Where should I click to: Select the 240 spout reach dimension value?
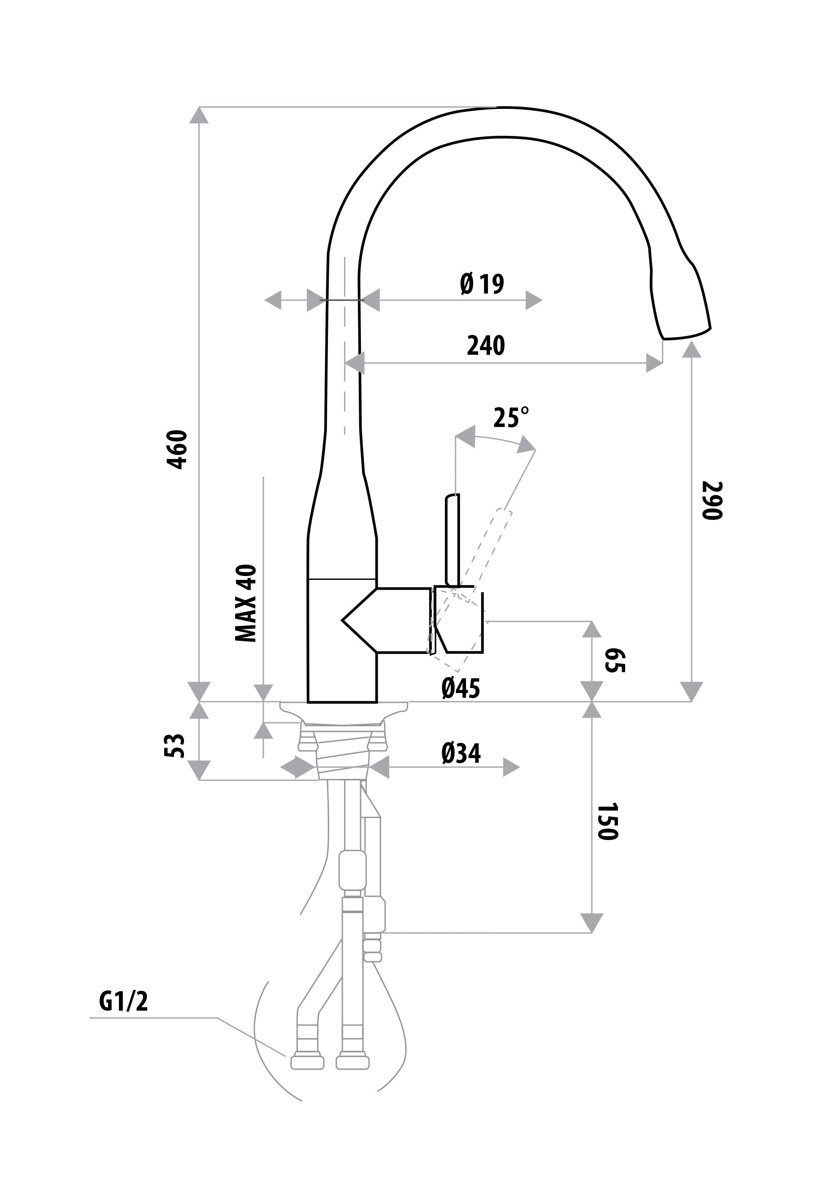486,345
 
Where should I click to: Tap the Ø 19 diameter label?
482,284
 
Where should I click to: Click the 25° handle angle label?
511,418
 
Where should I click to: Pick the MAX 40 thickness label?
246,603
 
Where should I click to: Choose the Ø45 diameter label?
461,688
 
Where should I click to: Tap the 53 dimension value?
175,746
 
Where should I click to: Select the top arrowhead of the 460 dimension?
199,115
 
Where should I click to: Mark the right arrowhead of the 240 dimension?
654,363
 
